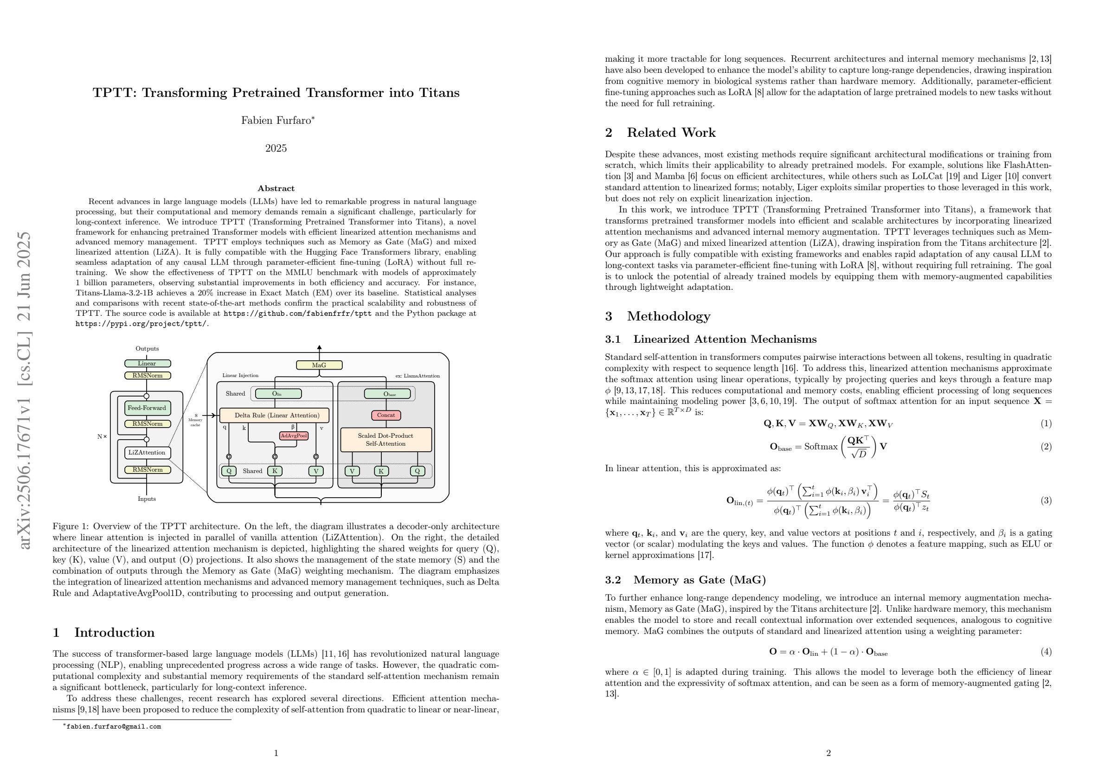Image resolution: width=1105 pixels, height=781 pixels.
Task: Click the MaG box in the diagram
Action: point(319,365)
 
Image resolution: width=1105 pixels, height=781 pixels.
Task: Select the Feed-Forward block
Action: point(147,408)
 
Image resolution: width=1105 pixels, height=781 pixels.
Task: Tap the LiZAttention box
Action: point(147,452)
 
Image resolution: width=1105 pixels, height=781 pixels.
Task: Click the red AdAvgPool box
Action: point(294,435)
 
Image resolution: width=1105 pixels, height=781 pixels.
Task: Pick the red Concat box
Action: point(386,415)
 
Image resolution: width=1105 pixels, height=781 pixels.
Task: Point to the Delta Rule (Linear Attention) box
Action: point(274,415)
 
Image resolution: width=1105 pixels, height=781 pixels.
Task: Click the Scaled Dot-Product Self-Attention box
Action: point(385,439)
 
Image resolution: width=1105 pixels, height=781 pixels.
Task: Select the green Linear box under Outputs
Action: point(147,363)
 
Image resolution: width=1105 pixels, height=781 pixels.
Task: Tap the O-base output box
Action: point(387,394)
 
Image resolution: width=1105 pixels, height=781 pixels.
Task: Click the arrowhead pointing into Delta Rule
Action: point(216,415)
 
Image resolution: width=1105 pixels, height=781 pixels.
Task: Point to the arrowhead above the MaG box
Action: point(319,347)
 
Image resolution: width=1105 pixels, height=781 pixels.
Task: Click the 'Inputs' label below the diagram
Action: point(147,499)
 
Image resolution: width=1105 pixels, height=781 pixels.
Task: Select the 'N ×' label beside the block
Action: point(102,437)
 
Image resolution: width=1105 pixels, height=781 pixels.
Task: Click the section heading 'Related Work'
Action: point(671,133)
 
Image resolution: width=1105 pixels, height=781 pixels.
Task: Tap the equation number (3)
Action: point(1046,500)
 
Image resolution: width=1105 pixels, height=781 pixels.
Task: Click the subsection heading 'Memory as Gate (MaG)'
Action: point(699,579)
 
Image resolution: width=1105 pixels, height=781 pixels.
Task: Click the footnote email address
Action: point(114,727)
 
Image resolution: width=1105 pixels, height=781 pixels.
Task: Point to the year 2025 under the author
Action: point(276,148)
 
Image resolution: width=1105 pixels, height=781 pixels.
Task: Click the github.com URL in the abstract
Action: point(297,313)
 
